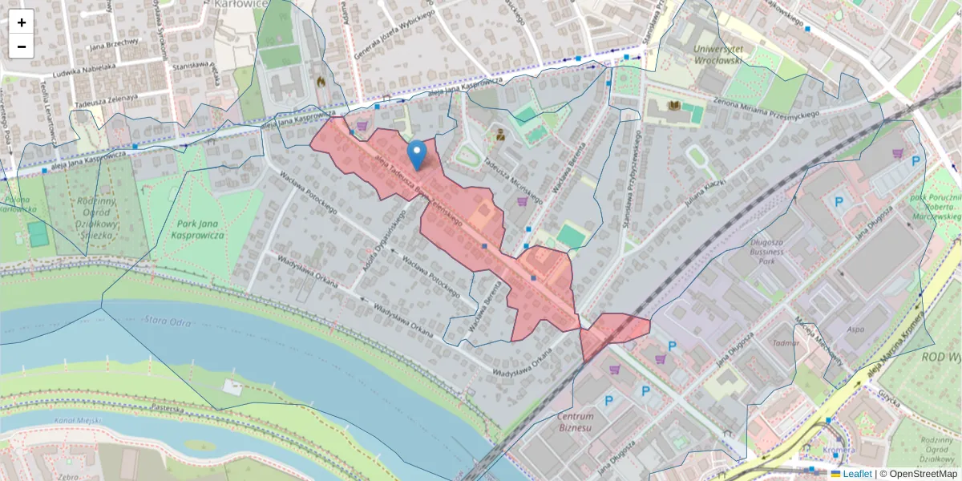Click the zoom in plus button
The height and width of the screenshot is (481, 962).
[22, 22]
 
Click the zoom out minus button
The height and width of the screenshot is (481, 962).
[22, 46]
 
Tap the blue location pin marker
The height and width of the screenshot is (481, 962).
[417, 155]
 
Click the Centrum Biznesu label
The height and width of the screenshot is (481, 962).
[576, 422]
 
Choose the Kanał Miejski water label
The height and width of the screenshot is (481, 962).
[75, 421]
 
